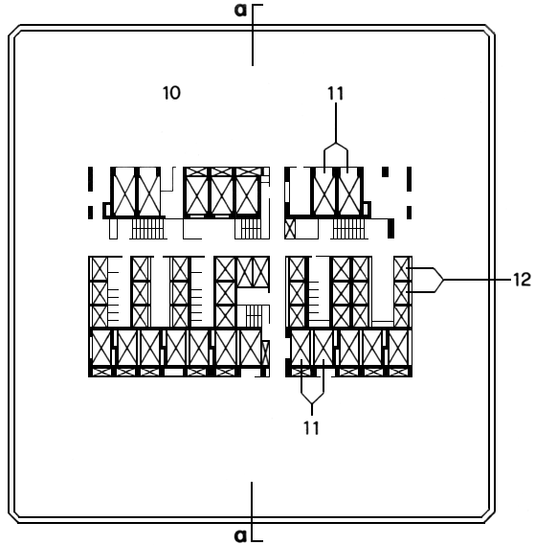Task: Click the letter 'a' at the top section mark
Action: point(240,11)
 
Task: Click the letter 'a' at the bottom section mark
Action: point(240,535)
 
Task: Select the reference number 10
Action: point(171,93)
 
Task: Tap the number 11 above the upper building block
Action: point(335,94)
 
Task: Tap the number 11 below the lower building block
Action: point(311,428)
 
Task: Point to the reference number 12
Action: point(523,280)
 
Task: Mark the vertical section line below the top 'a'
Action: point(253,35)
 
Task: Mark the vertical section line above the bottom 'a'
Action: point(253,511)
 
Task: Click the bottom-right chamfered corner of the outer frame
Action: point(489,517)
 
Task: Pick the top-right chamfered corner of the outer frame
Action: point(489,31)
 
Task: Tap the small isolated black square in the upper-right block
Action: point(386,172)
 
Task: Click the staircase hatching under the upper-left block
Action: point(147,229)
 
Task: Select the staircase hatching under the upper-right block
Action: point(349,229)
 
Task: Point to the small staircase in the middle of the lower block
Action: point(254,315)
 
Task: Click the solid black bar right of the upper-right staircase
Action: point(390,228)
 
